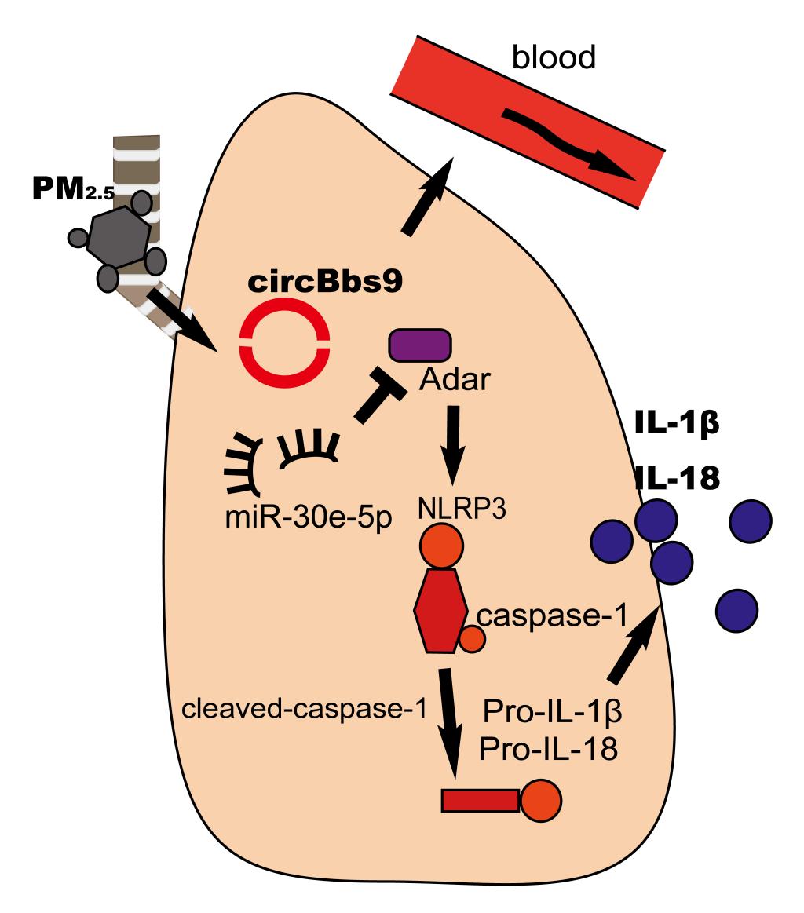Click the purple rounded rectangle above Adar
tap(420, 346)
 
